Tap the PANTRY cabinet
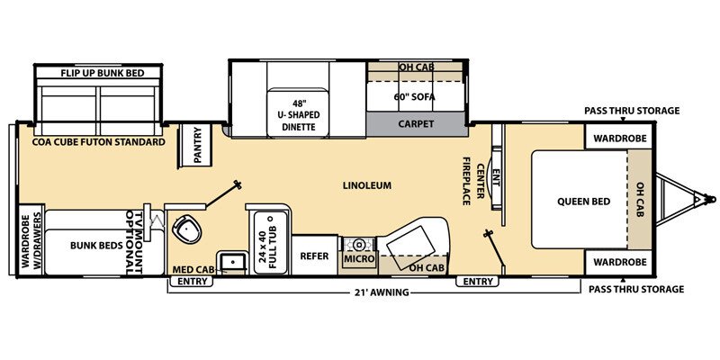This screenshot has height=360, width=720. (197, 145)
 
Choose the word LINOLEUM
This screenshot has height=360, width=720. (367, 186)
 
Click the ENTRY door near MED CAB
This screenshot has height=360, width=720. (191, 282)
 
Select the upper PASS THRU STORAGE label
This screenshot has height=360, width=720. (632, 112)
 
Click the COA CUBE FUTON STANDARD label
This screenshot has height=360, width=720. (100, 142)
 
